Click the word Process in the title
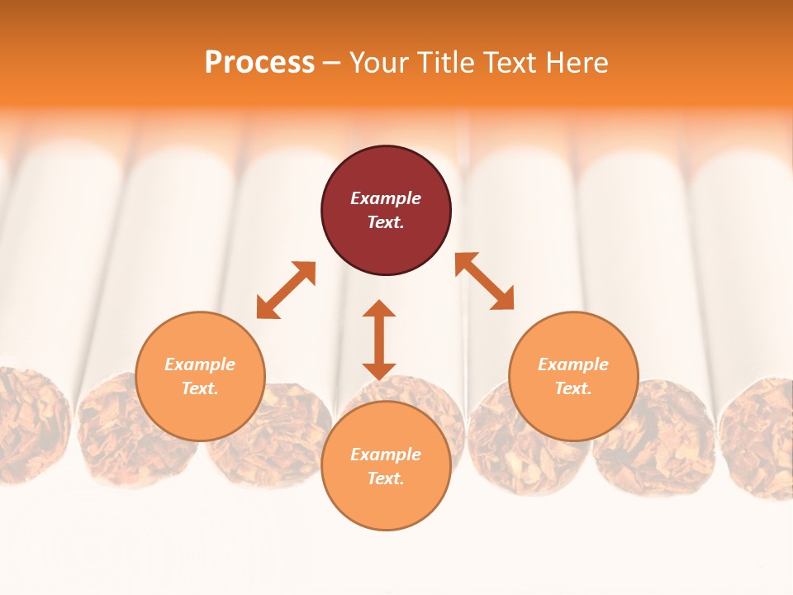(x=259, y=63)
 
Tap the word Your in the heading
(x=379, y=63)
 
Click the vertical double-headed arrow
(x=379, y=340)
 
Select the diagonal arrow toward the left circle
(x=286, y=290)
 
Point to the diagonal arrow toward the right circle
(x=484, y=281)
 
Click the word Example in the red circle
(x=386, y=198)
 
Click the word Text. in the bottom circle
(x=386, y=478)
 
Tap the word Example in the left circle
(x=200, y=364)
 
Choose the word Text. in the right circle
(x=573, y=388)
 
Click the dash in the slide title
(x=332, y=63)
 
